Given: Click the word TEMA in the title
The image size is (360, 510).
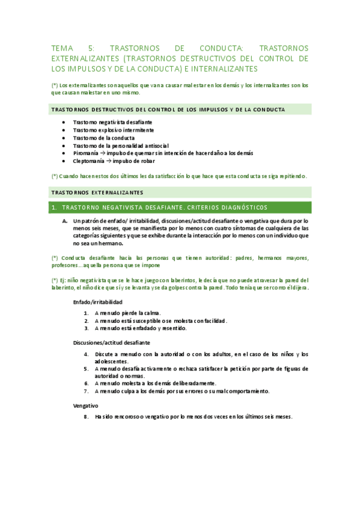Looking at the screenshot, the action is (61, 48).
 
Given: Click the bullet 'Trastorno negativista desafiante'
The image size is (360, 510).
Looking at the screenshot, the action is (108, 122).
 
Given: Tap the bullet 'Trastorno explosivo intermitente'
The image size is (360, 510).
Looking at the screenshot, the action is (113, 130).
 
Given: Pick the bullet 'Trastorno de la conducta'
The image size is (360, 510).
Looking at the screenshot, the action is (100, 138).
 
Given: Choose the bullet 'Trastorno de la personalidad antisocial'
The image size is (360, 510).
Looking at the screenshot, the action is (120, 146).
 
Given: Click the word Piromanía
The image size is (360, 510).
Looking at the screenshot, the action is (85, 153).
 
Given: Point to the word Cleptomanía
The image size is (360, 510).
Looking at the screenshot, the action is (88, 161).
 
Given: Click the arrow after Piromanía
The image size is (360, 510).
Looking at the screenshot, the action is (103, 153).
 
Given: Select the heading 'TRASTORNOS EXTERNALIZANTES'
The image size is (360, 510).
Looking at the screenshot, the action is (97, 192).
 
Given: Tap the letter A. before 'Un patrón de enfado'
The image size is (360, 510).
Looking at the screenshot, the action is (65, 221).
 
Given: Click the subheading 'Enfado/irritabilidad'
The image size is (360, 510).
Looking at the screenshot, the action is (97, 302).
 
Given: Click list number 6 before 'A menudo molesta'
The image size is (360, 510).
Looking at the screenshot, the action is (87, 383).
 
